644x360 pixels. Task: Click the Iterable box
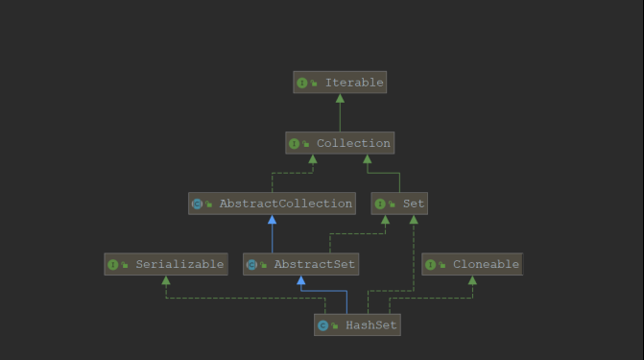340,83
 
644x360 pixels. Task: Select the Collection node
340,143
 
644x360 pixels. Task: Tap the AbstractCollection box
272,204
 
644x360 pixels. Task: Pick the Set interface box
399,204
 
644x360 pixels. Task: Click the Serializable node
166,264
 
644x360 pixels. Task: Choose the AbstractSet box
301,264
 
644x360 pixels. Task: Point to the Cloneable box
472,264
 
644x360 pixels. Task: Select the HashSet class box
356,325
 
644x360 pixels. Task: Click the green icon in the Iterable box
302,83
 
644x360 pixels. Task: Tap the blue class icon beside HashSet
323,325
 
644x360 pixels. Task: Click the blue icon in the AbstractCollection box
198,204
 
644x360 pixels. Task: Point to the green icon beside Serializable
113,264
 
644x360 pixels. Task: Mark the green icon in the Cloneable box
431,264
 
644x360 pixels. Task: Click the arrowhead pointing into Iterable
340,98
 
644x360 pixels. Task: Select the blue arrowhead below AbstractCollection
272,220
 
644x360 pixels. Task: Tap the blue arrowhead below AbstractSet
301,280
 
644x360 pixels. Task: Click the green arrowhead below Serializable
166,280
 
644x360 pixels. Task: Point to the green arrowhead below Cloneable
472,280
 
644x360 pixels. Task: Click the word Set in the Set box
413,204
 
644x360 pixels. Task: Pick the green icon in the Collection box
295,143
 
